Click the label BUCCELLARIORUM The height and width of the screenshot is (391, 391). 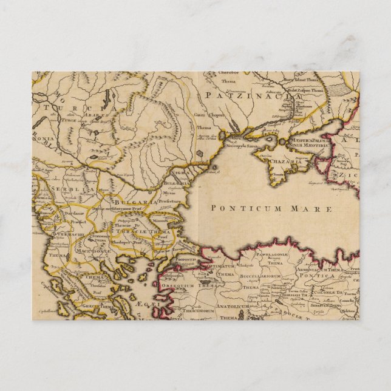click(257, 276)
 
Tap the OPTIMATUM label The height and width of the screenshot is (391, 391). click(218, 266)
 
